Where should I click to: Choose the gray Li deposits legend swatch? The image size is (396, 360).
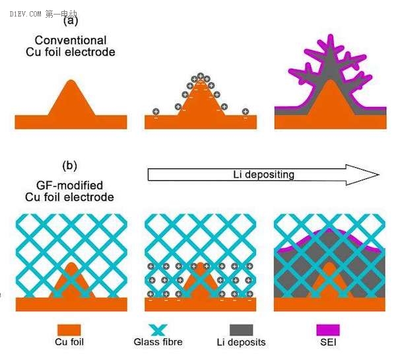click(246, 330)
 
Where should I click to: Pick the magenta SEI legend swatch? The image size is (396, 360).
click(327, 330)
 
